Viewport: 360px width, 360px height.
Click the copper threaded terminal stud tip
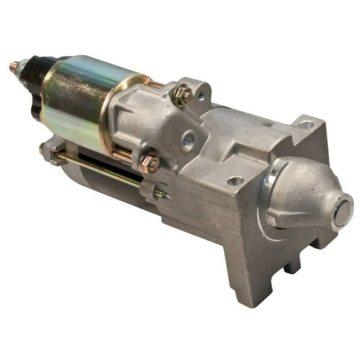point(12,64)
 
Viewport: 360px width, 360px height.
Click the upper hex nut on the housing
point(182,94)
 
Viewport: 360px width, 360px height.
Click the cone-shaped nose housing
point(306,200)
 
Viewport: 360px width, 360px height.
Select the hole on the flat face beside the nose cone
point(235,181)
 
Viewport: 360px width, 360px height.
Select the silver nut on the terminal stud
point(21,67)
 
